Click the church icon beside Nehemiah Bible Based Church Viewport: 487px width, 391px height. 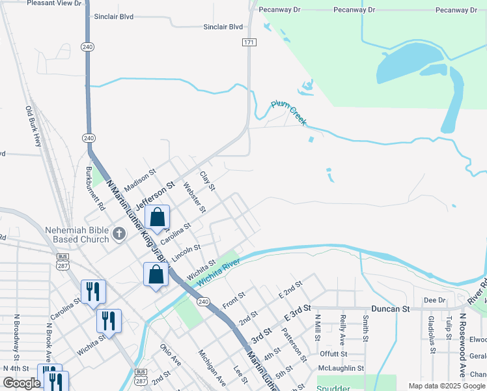(x=118, y=234)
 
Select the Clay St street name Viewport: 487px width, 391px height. (x=207, y=181)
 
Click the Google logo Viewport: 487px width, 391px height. (x=21, y=383)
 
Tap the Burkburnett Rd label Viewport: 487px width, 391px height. (x=96, y=188)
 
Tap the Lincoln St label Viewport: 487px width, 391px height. (x=186, y=250)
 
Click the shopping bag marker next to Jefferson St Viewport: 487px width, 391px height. (x=158, y=218)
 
